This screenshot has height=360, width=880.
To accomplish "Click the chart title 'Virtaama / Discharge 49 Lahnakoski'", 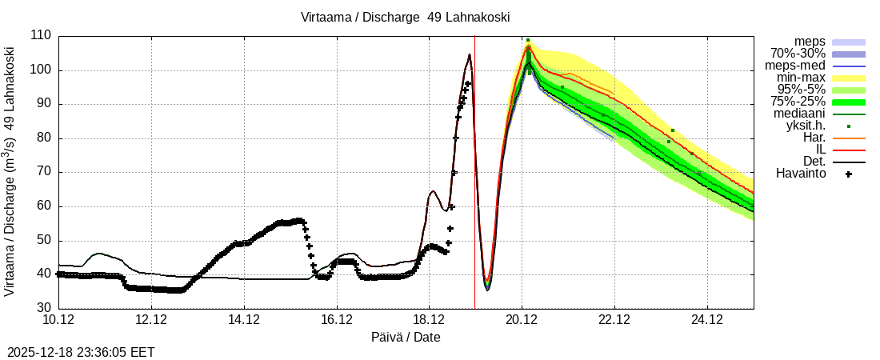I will (x=405, y=17).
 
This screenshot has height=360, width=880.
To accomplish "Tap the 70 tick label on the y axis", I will (x=42, y=172).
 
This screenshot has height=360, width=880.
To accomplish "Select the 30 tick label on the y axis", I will (x=42, y=308).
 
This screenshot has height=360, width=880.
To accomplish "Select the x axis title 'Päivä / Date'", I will (x=406, y=338).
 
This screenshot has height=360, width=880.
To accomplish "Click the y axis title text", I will (x=11, y=172).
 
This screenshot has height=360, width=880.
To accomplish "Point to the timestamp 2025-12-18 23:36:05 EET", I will (x=81, y=352).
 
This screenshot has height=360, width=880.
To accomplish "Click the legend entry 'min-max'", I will (x=801, y=78).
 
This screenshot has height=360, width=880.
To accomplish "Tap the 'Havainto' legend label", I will (x=801, y=173).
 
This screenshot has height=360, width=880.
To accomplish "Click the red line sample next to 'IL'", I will (x=849, y=150).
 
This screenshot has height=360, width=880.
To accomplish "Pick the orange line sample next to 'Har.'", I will (x=849, y=138).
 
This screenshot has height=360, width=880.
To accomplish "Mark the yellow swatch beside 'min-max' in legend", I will (x=849, y=78).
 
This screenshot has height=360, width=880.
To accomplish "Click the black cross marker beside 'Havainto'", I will (x=849, y=174).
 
